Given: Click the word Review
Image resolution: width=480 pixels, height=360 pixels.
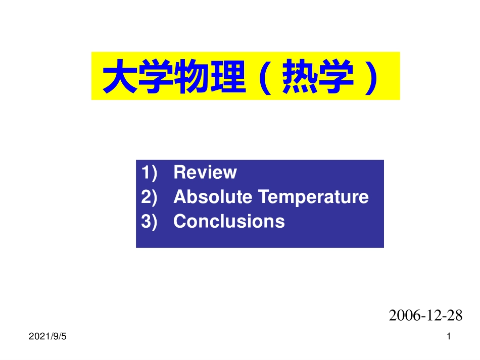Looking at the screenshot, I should (x=205, y=173).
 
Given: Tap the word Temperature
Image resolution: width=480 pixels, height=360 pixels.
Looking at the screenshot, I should (x=314, y=197).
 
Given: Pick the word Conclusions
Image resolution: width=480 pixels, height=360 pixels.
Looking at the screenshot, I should (x=229, y=221).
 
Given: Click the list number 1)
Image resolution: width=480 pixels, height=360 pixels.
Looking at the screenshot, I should (x=150, y=173).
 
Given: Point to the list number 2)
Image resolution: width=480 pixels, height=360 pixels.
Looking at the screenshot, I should (x=150, y=197).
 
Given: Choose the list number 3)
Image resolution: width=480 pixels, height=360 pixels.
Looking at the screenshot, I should (x=150, y=221).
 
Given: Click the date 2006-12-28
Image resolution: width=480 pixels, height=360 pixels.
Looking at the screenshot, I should (x=425, y=316).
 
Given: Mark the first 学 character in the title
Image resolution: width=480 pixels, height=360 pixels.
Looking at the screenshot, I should (x=154, y=77).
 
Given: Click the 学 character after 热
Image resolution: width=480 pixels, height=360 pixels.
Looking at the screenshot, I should (x=334, y=77).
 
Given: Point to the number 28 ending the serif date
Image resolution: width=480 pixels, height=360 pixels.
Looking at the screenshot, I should (x=455, y=316).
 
